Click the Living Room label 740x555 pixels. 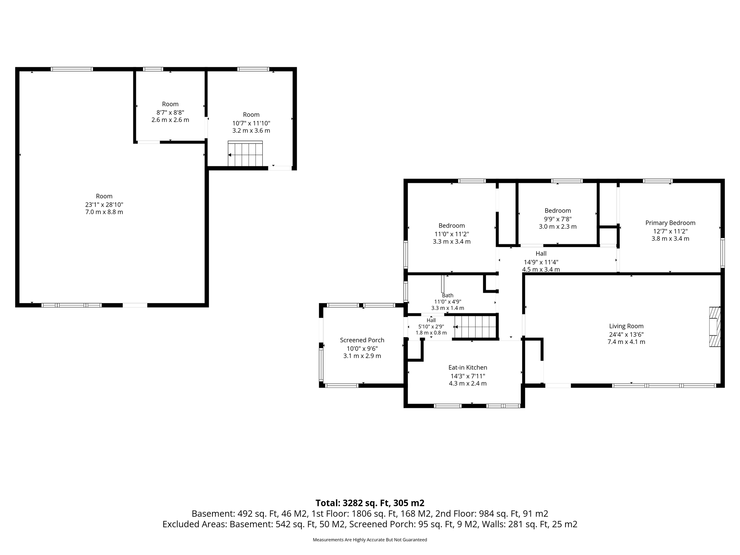tap(626, 326)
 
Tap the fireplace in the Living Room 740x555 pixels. tap(715, 327)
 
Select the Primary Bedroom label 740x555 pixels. tap(670, 223)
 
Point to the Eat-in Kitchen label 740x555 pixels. tap(468, 367)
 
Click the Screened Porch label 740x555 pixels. tap(362, 340)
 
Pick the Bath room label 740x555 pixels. tap(448, 295)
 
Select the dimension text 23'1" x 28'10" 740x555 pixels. tap(104, 204)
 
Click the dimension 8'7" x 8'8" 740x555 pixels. tap(170, 112)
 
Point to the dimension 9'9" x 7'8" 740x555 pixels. tap(558, 219)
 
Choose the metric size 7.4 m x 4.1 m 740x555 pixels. tap(626, 342)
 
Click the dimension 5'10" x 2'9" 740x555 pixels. tap(431, 326)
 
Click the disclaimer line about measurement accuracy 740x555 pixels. tap(370, 540)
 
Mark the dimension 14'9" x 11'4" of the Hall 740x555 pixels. tap(541, 262)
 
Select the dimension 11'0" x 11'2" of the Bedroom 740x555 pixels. tap(452, 234)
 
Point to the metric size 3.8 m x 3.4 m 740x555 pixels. tap(670, 238)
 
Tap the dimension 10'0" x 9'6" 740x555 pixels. tap(362, 348)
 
